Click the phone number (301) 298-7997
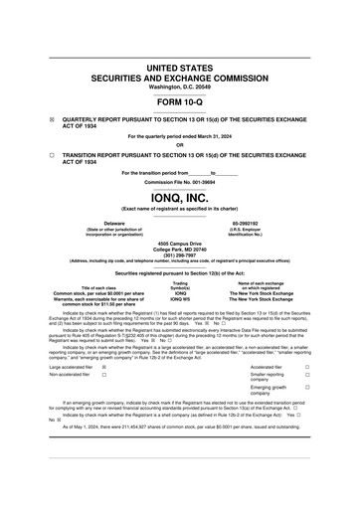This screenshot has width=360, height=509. pos(180,253)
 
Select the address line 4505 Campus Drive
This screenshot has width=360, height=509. pos(180,241)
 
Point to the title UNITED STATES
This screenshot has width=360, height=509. pos(180,68)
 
